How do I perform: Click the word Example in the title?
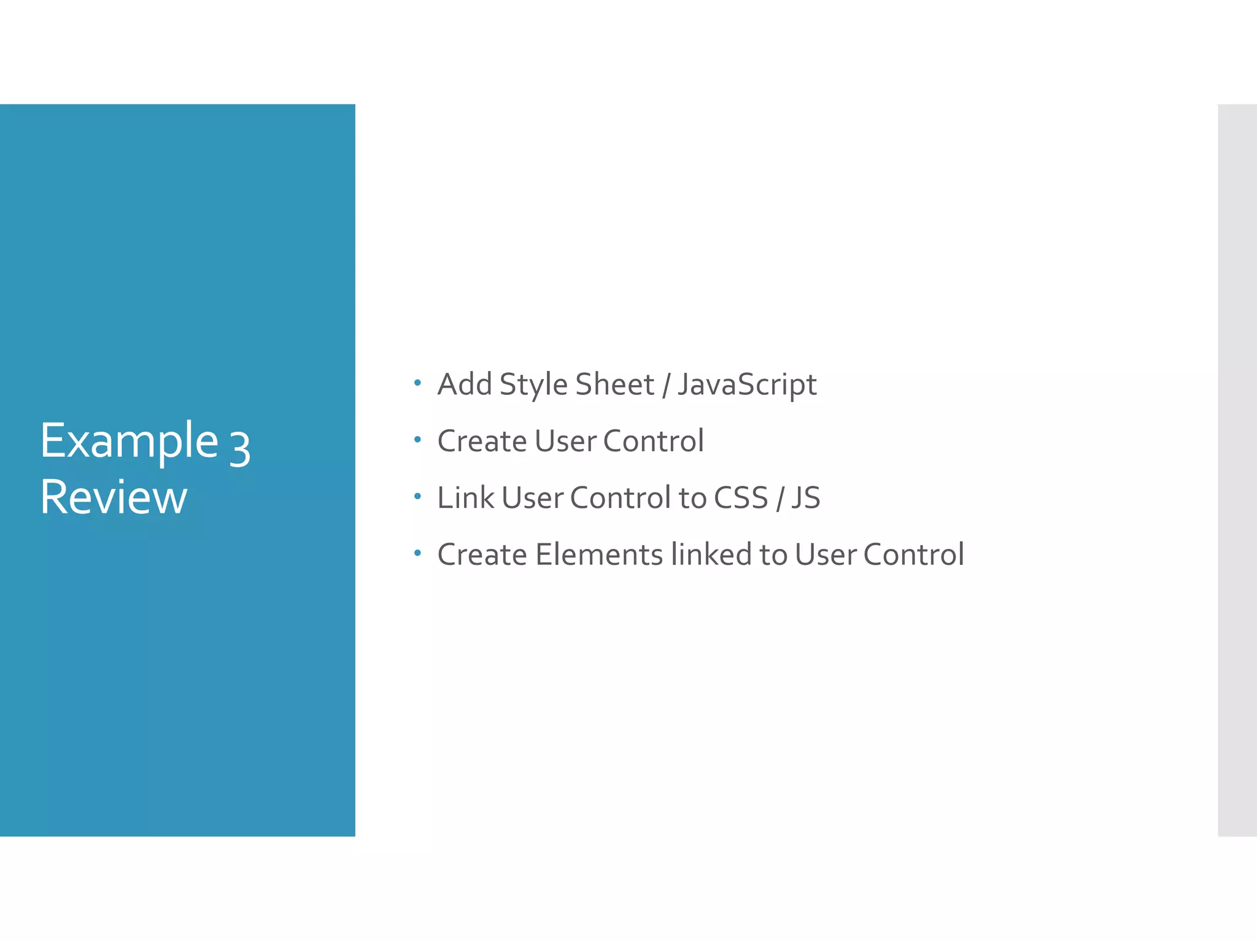pyautogui.click(x=130, y=442)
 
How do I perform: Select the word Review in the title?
pyautogui.click(x=114, y=497)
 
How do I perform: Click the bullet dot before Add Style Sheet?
pyautogui.click(x=417, y=383)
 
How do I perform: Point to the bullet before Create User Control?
pyautogui.click(x=417, y=439)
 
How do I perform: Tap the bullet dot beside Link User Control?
pyautogui.click(x=417, y=496)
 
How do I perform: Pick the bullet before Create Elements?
pyautogui.click(x=417, y=553)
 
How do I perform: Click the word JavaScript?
pyautogui.click(x=747, y=385)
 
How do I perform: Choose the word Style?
pyautogui.click(x=533, y=385)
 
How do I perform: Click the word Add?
pyautogui.click(x=465, y=385)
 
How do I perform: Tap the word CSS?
pyautogui.click(x=741, y=497)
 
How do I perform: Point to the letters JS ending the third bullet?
pyautogui.click(x=805, y=497)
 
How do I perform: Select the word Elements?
pyautogui.click(x=599, y=554)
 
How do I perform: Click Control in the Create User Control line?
pyautogui.click(x=654, y=441)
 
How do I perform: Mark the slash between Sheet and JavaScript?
pyautogui.click(x=666, y=385)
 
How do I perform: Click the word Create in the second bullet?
pyautogui.click(x=482, y=441)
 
